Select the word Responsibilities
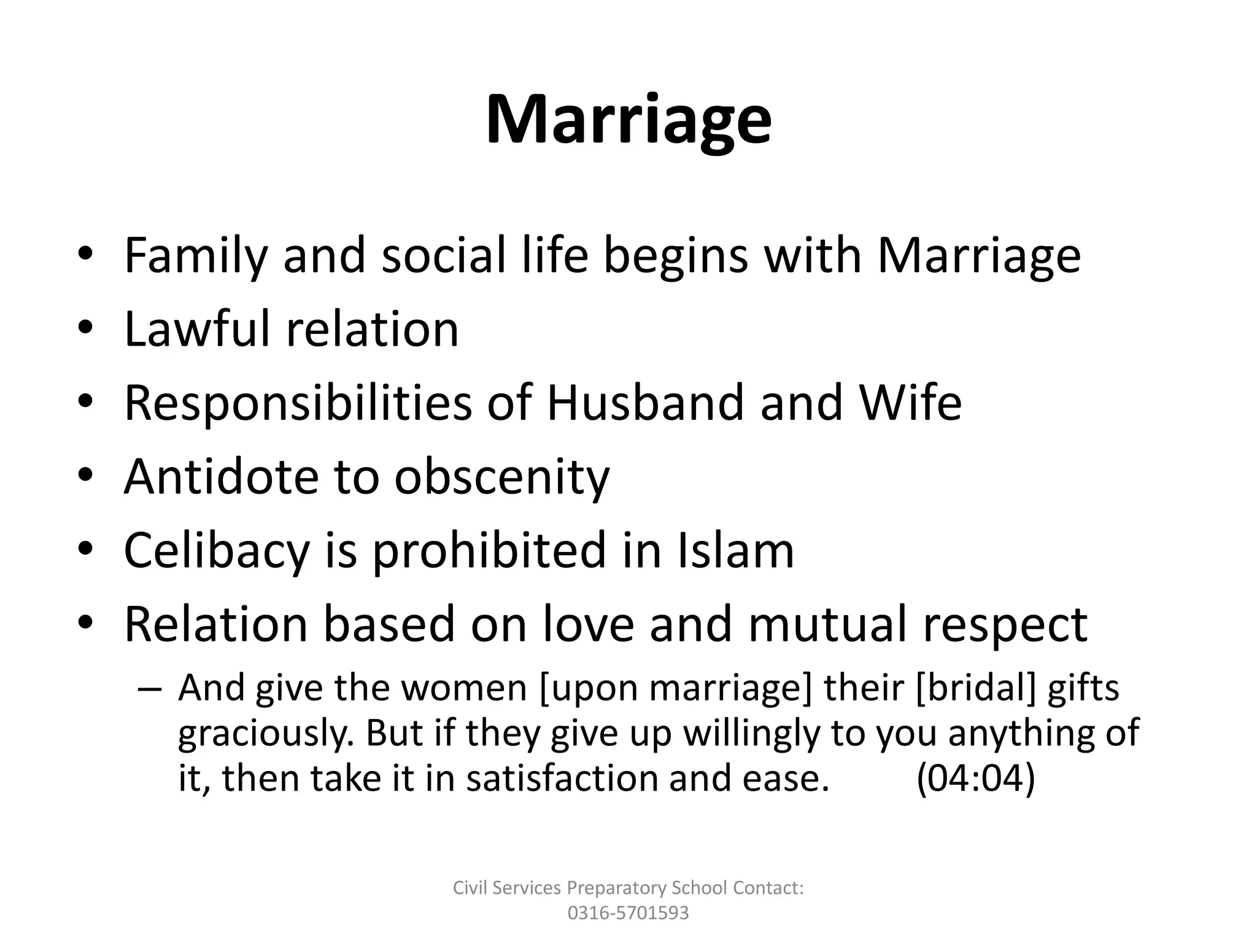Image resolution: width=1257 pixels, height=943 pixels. tap(298, 403)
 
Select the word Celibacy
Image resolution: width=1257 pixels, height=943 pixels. tap(217, 551)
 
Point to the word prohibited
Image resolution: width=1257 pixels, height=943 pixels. tap(489, 551)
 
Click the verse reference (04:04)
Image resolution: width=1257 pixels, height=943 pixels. tap(975, 778)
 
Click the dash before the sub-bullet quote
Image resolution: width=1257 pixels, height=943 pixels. tap(150, 688)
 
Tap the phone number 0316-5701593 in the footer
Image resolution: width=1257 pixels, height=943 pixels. tap(628, 913)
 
